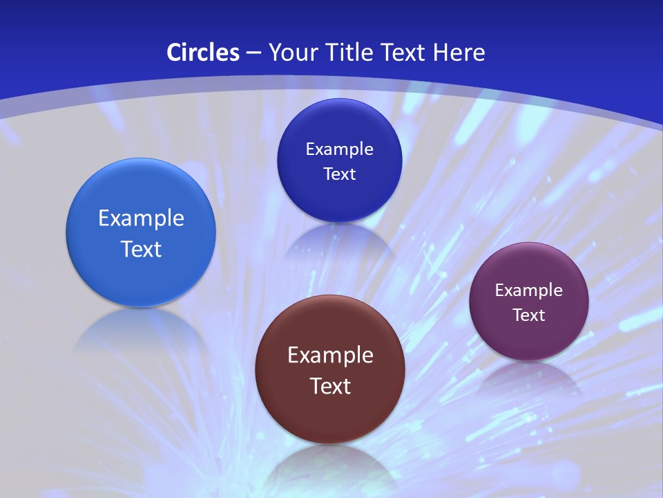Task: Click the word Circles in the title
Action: (x=203, y=53)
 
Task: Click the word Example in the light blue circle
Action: (x=141, y=219)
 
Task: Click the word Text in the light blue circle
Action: (x=141, y=249)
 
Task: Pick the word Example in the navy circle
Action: (x=339, y=149)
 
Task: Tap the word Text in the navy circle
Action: (x=339, y=174)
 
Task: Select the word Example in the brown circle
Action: (x=330, y=356)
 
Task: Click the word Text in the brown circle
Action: (x=330, y=386)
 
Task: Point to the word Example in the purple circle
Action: (x=529, y=290)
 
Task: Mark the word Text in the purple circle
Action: (x=529, y=315)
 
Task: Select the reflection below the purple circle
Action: (x=529, y=377)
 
